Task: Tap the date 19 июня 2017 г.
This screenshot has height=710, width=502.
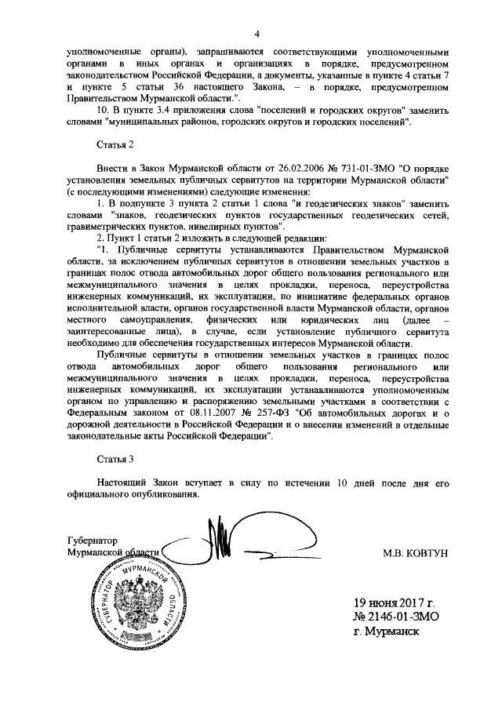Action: click(x=393, y=603)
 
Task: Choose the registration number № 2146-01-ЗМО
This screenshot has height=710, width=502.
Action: click(x=395, y=617)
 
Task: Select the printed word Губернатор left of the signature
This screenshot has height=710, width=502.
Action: click(x=93, y=541)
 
